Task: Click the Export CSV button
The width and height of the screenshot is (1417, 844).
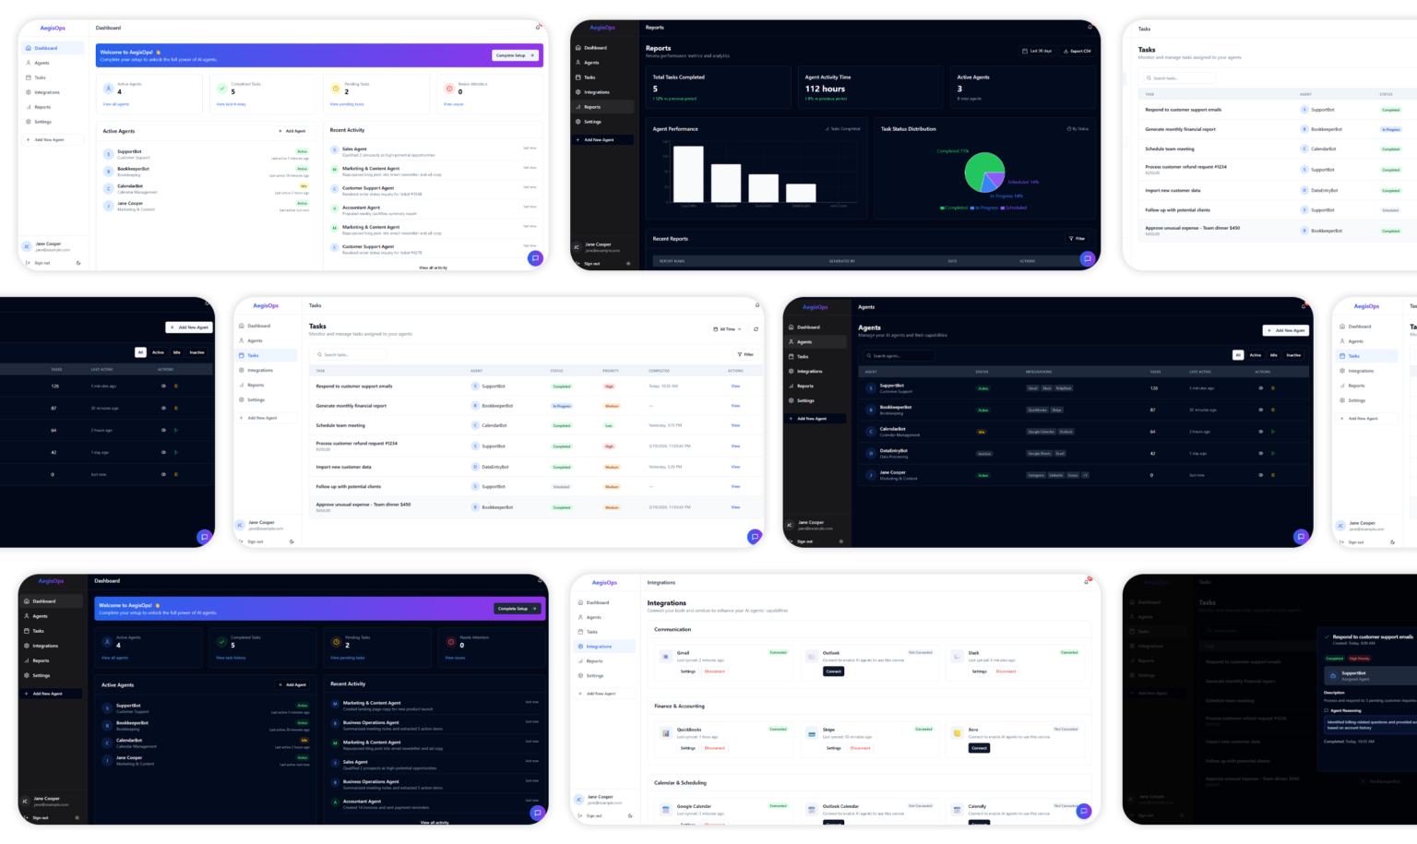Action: coord(1078,52)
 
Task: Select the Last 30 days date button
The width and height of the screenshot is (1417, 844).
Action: coord(1037,52)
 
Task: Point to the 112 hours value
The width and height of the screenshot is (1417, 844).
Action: coord(825,89)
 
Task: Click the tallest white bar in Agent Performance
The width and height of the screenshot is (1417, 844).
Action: coord(688,172)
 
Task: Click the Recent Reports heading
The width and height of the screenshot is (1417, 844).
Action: coord(671,239)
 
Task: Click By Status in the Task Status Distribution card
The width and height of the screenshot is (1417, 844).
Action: coord(1078,129)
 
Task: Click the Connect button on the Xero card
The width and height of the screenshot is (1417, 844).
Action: coord(980,748)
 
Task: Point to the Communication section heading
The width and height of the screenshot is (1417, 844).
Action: coord(673,629)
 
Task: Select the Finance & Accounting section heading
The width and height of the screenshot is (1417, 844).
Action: coord(679,706)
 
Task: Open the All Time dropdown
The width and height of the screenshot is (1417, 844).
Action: coord(727,329)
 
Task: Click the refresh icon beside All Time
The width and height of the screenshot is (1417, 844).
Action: coord(756,329)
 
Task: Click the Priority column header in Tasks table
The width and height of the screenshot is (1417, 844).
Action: coord(610,371)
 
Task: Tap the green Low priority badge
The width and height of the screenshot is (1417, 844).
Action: coord(609,426)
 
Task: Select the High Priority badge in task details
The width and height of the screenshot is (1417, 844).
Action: coord(1360,659)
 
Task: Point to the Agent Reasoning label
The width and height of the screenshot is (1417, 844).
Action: coord(1346,711)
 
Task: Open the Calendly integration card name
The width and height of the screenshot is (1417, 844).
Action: coord(977,806)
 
